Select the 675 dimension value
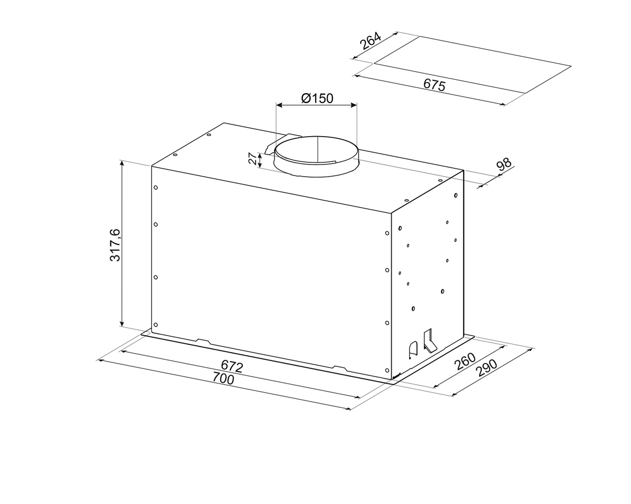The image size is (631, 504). click(434, 85)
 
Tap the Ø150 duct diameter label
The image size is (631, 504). click(317, 98)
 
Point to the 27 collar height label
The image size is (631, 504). click(252, 159)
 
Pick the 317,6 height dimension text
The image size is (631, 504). click(115, 245)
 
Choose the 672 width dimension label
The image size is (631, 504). click(232, 366)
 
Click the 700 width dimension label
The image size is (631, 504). click(223, 378)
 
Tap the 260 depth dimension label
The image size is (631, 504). click(465, 361)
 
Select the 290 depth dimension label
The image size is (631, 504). click(487, 368)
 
